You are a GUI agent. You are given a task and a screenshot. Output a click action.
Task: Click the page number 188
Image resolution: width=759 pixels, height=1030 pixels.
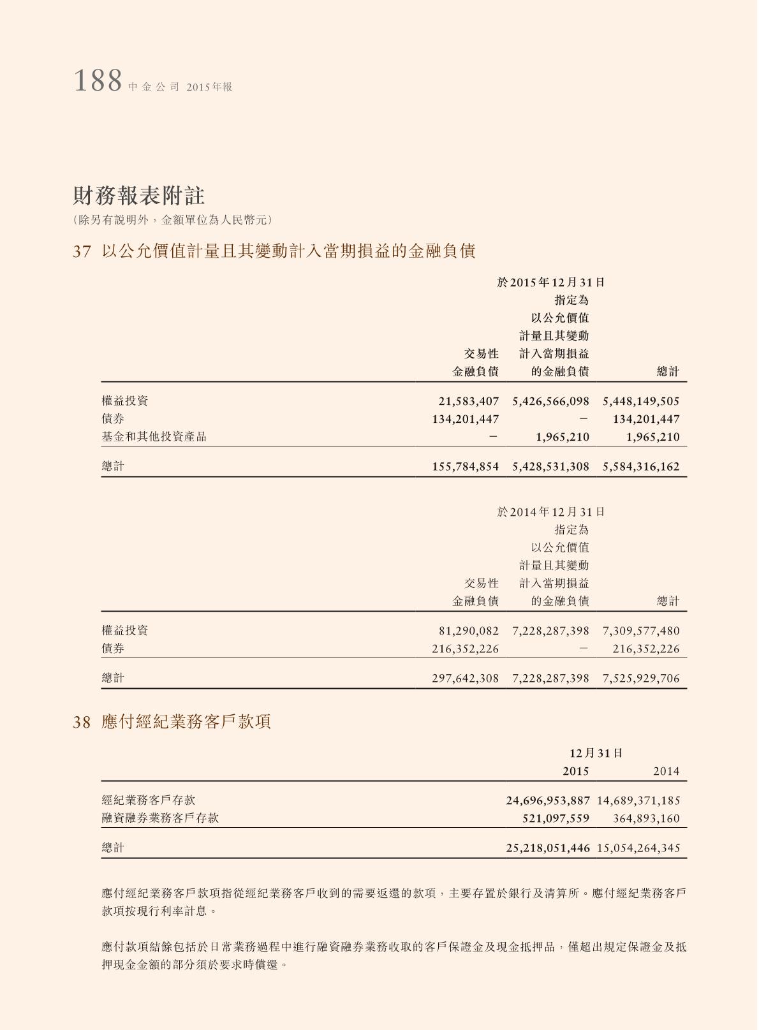[x=98, y=82]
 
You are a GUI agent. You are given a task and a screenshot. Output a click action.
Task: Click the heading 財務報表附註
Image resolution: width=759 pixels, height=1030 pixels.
[x=138, y=196]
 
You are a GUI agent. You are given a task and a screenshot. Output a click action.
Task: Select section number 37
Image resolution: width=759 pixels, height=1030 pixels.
[x=82, y=251]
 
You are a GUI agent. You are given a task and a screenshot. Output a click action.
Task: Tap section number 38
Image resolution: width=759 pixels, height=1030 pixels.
[x=82, y=722]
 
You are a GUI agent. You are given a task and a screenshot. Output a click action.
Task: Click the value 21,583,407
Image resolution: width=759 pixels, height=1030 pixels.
[x=468, y=401]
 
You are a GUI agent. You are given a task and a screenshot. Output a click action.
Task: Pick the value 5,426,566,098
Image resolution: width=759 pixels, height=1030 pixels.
[x=550, y=401]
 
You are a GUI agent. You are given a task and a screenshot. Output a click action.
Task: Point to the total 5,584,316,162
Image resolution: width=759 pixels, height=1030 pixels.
[x=641, y=466]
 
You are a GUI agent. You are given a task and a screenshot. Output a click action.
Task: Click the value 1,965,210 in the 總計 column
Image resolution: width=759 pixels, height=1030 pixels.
[x=652, y=437]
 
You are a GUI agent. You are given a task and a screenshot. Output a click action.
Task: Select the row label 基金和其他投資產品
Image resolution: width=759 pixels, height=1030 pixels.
[x=154, y=437]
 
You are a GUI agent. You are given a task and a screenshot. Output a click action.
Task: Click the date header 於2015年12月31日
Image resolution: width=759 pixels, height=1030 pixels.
[x=550, y=282]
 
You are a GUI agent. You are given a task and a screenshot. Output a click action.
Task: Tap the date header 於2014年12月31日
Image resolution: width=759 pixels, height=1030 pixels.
[x=550, y=511]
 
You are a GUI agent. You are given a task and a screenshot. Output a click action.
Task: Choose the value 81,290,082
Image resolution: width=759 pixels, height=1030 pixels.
[x=468, y=631]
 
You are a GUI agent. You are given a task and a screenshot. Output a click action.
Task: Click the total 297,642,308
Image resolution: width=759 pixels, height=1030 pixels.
[x=465, y=678]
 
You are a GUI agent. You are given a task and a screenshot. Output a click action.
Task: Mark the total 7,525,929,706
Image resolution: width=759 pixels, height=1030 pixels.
[x=641, y=678]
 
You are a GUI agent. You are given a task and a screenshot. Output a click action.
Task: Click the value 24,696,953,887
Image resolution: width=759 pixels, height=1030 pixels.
[x=548, y=800]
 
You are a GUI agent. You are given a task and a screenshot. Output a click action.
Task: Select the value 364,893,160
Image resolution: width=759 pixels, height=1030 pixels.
[x=646, y=818]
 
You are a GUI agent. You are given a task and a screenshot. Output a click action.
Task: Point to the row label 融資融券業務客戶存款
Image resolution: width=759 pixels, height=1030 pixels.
[x=160, y=818]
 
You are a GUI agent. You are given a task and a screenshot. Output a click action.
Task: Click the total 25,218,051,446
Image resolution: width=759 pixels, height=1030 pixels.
[x=548, y=848]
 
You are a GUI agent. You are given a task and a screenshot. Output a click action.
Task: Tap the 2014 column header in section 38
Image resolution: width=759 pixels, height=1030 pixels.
[x=666, y=771]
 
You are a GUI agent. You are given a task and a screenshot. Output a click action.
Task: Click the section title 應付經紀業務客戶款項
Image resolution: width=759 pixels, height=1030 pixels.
[x=186, y=722]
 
